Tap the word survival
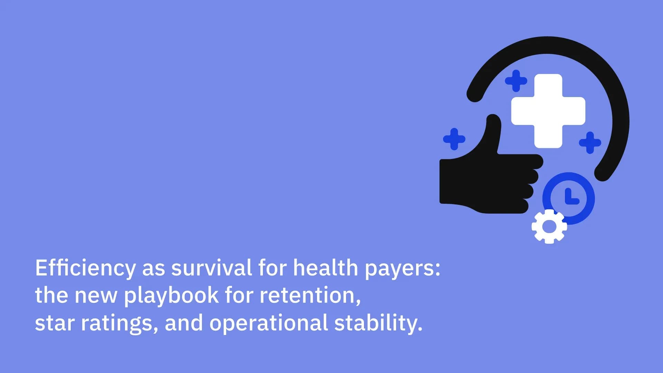tap(212, 268)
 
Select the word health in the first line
tap(326, 268)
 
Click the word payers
tap(402, 269)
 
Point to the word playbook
tap(171, 296)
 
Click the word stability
tap(378, 323)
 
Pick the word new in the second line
tap(96, 296)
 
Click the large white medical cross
tap(548, 111)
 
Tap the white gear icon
tap(549, 227)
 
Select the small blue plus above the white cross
tap(516, 81)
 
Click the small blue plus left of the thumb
tap(454, 139)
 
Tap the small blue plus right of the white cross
tap(590, 142)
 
